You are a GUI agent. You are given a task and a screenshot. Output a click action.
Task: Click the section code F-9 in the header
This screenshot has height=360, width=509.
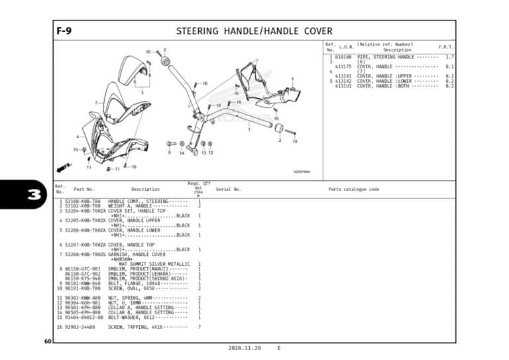(x=64, y=30)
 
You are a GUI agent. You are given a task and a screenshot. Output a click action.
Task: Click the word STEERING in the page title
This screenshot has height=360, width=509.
(x=198, y=31)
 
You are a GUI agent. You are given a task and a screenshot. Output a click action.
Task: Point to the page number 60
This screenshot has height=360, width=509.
(x=48, y=341)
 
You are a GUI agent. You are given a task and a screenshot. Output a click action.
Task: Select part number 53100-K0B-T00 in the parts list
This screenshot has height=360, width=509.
(x=83, y=201)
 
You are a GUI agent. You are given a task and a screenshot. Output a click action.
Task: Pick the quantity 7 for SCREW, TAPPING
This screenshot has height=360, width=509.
(x=199, y=327)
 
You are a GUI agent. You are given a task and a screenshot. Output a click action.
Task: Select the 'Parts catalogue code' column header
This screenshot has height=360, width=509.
(x=354, y=190)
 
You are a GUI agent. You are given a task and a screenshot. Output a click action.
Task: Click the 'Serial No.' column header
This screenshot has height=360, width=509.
(x=228, y=190)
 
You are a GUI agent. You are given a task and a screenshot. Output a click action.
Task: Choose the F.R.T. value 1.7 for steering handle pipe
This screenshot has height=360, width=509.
(x=449, y=58)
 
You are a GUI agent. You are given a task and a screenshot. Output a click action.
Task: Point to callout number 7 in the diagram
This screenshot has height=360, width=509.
(x=97, y=103)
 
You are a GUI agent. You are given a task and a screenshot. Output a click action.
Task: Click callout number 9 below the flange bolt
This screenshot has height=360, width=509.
(x=170, y=153)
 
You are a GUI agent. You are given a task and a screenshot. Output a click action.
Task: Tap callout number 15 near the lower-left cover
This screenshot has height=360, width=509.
(x=76, y=150)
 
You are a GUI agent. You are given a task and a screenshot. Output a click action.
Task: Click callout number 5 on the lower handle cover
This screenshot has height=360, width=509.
(x=292, y=79)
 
